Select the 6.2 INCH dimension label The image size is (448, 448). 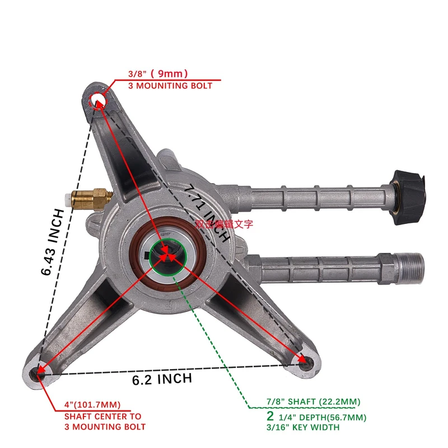click(162, 379)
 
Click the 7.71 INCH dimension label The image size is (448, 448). click(208, 213)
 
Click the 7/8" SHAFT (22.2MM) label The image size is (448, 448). click(313, 402)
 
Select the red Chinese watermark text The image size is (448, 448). click(225, 223)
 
